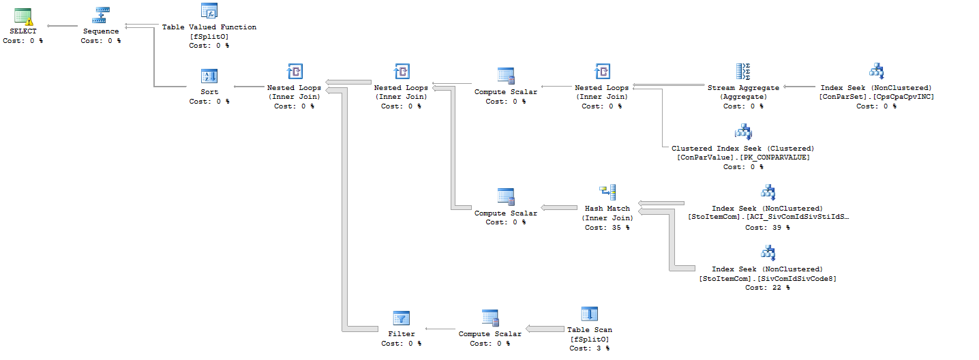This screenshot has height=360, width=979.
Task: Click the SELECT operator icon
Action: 23,16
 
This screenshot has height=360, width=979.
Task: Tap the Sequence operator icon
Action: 100,15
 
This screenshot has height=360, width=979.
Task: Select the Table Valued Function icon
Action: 209,11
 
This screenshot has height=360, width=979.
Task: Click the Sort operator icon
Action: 209,76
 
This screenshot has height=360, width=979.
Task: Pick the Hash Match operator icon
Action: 607,192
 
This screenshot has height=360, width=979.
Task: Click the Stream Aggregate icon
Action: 743,72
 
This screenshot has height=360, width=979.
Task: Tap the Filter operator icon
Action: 402,318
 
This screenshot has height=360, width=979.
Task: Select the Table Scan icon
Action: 590,314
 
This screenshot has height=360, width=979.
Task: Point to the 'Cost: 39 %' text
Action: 767,228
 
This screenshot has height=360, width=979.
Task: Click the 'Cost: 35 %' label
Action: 607,228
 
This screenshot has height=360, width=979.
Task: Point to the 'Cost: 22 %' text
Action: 767,288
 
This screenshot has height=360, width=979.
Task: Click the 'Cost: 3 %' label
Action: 589,348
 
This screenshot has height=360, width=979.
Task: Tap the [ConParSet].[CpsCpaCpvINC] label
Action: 876,97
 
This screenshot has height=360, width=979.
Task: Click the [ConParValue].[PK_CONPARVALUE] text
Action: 743,157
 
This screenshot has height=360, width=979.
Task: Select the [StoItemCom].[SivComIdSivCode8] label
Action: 768,278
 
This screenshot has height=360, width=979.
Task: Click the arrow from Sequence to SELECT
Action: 62,26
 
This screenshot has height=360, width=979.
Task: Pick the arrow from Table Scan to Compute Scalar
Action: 545,329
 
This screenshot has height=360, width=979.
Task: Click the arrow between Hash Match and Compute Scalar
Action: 559,207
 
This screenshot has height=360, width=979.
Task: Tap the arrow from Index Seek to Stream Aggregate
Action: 799,87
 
